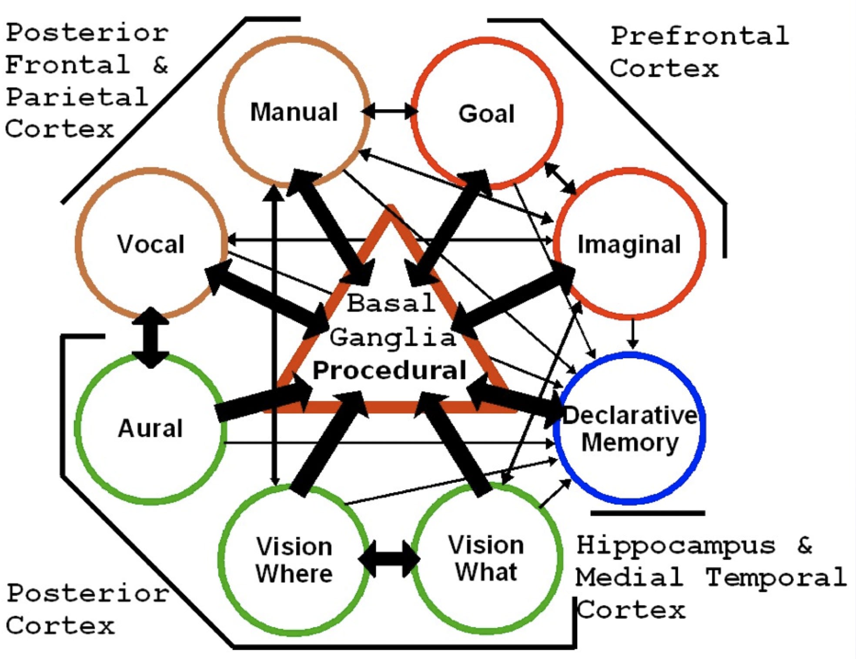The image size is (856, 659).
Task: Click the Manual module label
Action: coord(294,112)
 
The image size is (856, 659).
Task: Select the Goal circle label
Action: coord(486,114)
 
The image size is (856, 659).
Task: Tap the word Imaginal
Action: coord(629,244)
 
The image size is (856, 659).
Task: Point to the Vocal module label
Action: coord(150,244)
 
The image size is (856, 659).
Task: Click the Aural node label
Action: coord(150,428)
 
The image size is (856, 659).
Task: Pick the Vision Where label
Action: coord(294,560)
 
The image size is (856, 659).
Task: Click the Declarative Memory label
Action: coord(630,429)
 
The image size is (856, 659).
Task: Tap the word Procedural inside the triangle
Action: coord(389,371)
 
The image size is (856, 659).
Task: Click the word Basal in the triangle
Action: coord(391,303)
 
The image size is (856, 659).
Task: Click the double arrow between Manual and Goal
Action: coord(390,111)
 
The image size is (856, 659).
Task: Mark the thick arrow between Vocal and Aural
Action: coord(150,337)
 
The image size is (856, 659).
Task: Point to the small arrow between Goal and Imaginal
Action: coord(560,178)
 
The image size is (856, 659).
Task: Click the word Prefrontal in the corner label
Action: coord(699,36)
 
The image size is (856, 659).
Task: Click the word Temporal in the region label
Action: coord(776,578)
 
